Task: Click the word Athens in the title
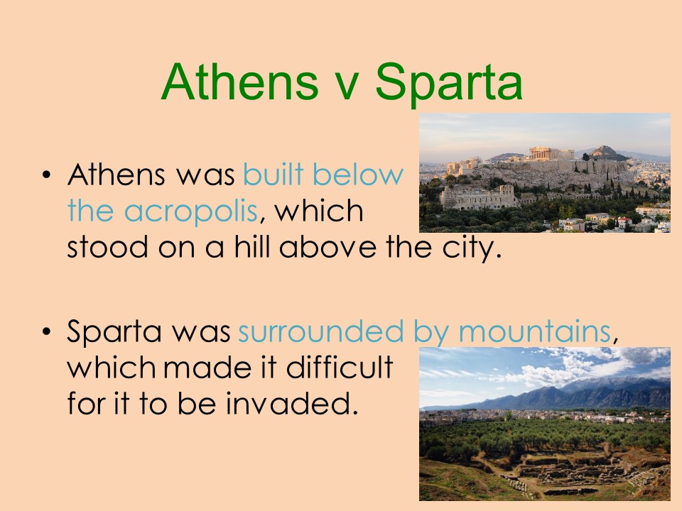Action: click(239, 82)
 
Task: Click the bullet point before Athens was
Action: click(47, 175)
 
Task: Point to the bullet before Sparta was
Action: click(47, 332)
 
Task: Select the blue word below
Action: click(357, 174)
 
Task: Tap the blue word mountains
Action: click(534, 331)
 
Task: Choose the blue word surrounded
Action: click(320, 331)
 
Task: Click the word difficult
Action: click(340, 366)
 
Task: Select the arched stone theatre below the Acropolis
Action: click(478, 197)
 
